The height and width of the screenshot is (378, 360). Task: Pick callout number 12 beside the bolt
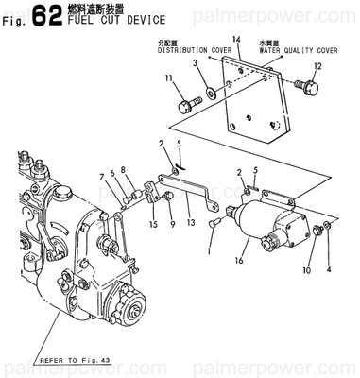click(x=317, y=65)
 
